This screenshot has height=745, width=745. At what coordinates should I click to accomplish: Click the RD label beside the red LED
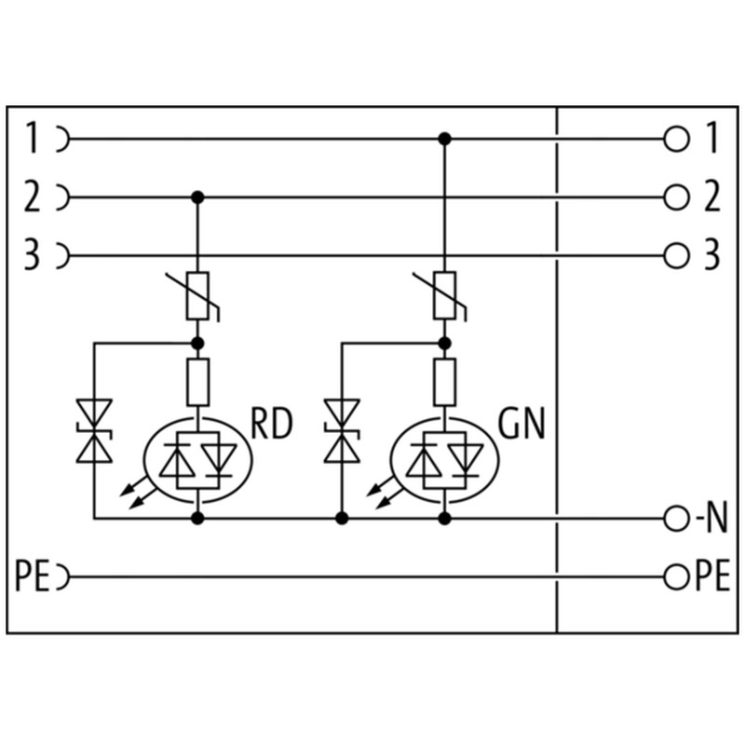[271, 424]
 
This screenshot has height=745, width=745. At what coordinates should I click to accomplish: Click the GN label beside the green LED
[521, 424]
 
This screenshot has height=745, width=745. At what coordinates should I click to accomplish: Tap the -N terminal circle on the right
[677, 519]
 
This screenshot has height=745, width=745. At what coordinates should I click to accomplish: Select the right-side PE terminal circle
[677, 577]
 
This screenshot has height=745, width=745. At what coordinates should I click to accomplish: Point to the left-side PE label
[33, 576]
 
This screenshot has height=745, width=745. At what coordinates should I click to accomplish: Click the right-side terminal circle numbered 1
[677, 139]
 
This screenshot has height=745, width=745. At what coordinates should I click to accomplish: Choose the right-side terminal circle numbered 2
[677, 197]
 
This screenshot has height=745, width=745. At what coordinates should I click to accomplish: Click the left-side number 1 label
[32, 138]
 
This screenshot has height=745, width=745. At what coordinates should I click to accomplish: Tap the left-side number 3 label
[32, 255]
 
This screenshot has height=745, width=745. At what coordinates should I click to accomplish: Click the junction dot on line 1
[445, 139]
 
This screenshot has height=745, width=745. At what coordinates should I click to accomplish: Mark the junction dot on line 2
[197, 197]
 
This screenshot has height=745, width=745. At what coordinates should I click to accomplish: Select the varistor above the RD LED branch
[196, 295]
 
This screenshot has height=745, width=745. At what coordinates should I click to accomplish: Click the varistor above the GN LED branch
[443, 295]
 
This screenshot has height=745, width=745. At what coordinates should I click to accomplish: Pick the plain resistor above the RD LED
[197, 382]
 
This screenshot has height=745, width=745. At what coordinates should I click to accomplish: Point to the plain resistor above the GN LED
[445, 382]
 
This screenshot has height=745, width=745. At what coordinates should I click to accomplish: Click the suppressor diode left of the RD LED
[94, 430]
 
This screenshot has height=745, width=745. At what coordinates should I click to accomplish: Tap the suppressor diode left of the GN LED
[342, 430]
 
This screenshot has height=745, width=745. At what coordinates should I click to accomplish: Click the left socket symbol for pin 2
[63, 197]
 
